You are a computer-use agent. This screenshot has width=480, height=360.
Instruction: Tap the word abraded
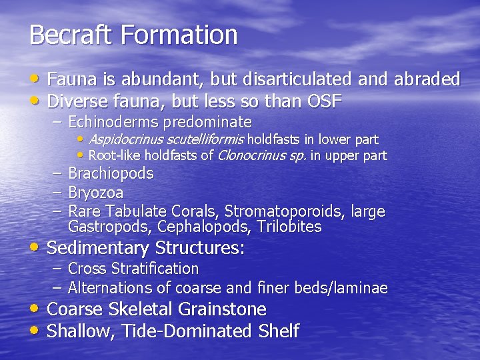[427, 79]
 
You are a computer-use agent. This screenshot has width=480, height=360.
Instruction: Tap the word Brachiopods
[111, 173]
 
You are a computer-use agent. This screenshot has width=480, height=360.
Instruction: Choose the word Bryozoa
[96, 193]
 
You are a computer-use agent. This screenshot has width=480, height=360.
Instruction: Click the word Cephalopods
[203, 227]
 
